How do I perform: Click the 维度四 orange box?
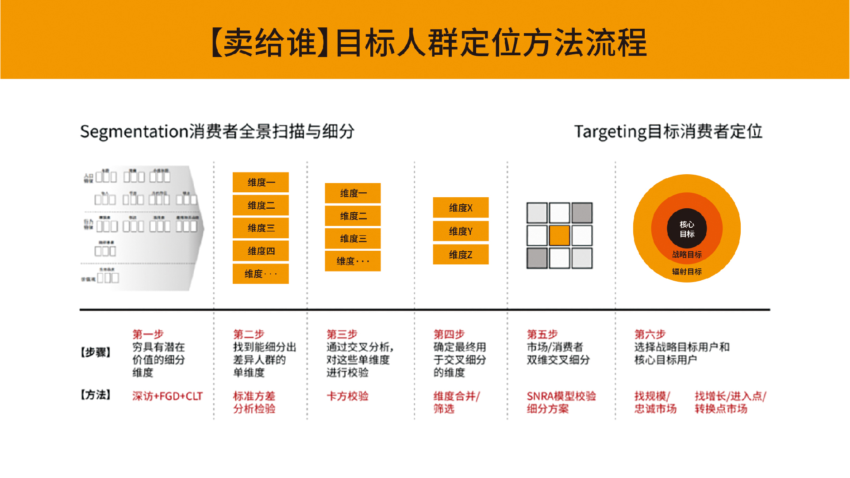(261, 251)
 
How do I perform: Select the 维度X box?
(461, 208)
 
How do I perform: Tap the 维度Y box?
(461, 231)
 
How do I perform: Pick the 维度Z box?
(461, 255)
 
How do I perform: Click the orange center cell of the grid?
(559, 236)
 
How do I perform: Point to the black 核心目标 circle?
(687, 229)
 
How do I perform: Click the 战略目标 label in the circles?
(687, 255)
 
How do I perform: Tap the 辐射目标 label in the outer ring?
(687, 272)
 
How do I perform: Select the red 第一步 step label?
(148, 334)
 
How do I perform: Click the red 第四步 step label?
(449, 334)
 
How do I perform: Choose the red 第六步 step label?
(650, 334)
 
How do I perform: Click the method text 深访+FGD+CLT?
(167, 396)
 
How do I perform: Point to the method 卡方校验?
(347, 396)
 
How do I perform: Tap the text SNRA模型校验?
(561, 396)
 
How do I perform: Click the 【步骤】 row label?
(95, 352)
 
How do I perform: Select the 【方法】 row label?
(95, 395)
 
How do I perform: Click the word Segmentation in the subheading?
(134, 132)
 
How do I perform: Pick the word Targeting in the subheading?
(610, 132)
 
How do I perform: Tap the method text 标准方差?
(254, 396)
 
